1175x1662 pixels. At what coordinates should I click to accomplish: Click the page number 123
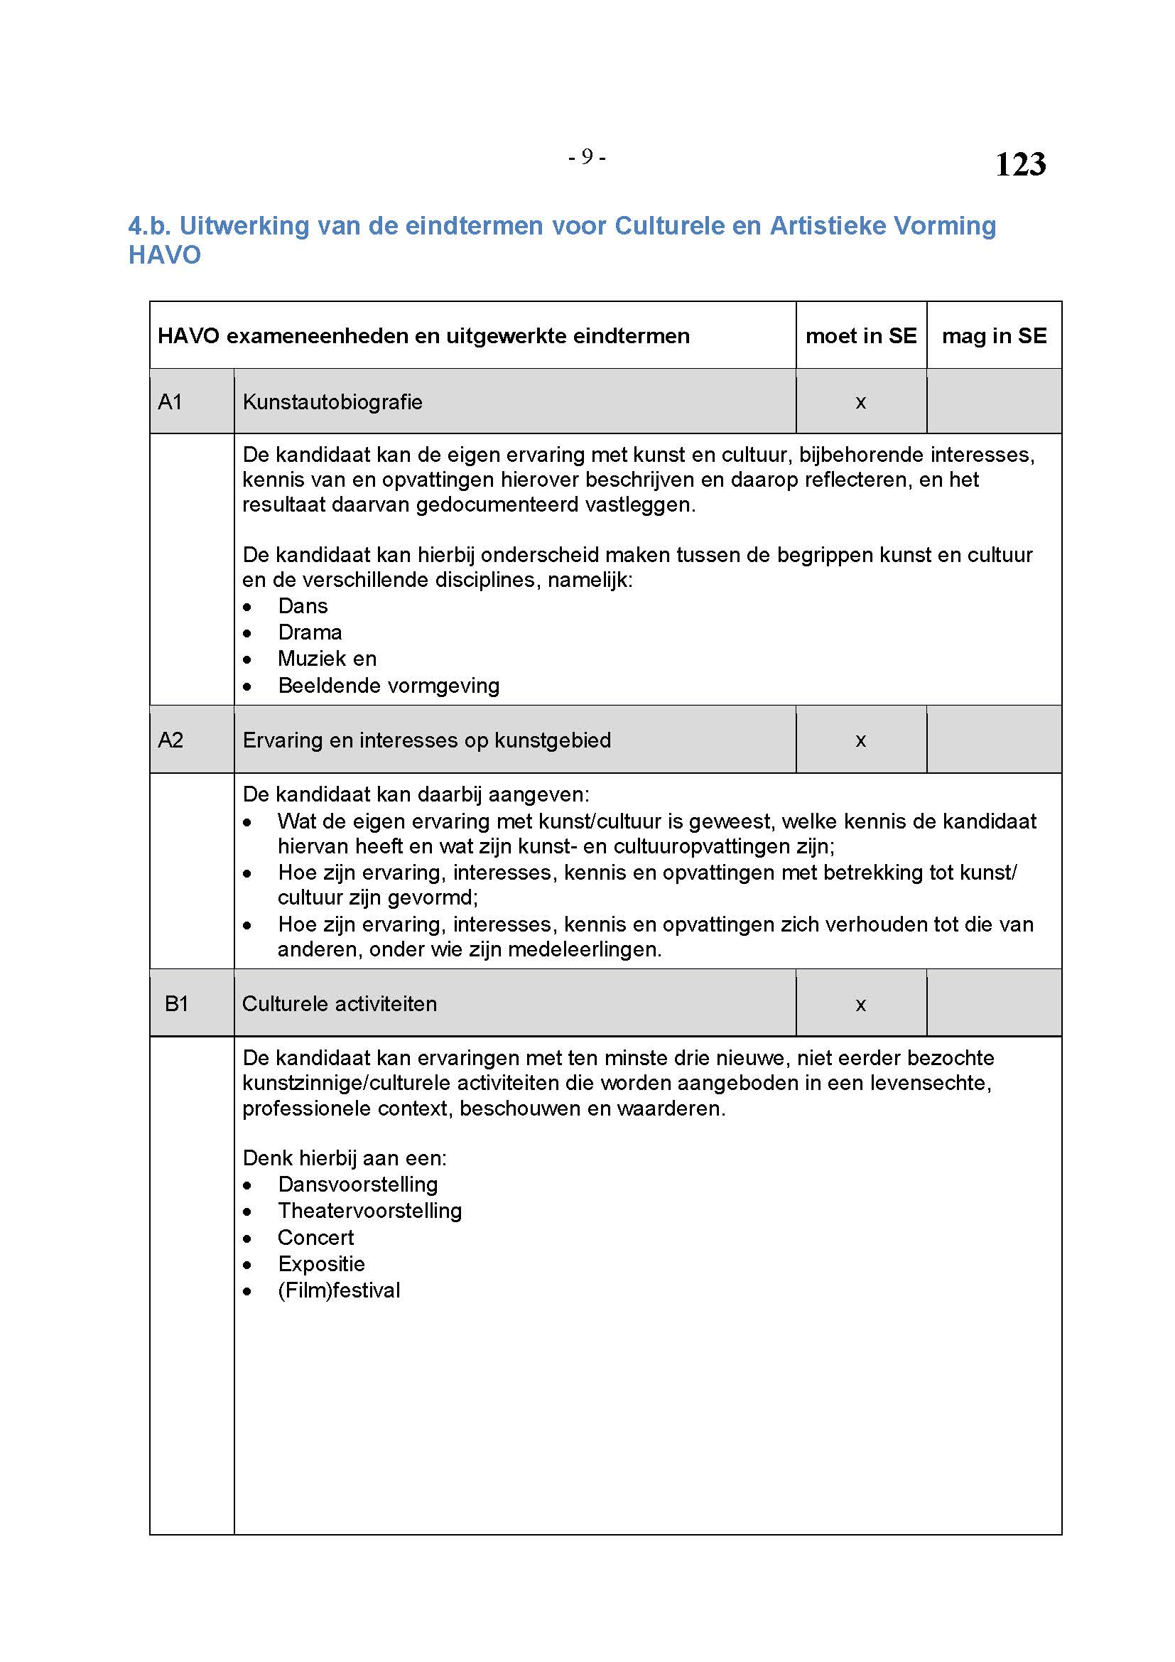coord(1019,164)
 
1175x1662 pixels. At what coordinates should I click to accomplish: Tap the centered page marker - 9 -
coord(587,156)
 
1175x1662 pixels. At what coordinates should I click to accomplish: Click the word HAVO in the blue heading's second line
coord(164,255)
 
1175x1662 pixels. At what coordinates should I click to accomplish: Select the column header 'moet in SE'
coord(860,336)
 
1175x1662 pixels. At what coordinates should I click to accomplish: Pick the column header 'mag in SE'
coord(993,336)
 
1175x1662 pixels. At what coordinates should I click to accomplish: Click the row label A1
coord(170,401)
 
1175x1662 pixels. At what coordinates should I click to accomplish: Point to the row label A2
coord(170,740)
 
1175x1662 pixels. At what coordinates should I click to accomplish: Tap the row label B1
coord(177,1003)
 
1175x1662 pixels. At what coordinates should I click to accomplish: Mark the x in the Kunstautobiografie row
coord(860,402)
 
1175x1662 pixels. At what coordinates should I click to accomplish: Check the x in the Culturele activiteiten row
coord(860,1005)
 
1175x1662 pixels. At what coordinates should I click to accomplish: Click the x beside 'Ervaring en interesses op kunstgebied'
coord(860,740)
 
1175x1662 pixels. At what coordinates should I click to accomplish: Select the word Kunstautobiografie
coord(332,401)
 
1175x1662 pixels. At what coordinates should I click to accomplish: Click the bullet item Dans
coord(303,606)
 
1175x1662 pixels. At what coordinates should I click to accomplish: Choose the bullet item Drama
coord(310,632)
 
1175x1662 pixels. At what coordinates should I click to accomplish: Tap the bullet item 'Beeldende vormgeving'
coord(389,686)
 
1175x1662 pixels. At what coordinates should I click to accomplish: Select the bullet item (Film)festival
coord(339,1290)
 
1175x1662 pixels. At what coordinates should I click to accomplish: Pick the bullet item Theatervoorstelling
coord(369,1210)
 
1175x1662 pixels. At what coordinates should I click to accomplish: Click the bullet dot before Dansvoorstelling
coord(247,1186)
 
